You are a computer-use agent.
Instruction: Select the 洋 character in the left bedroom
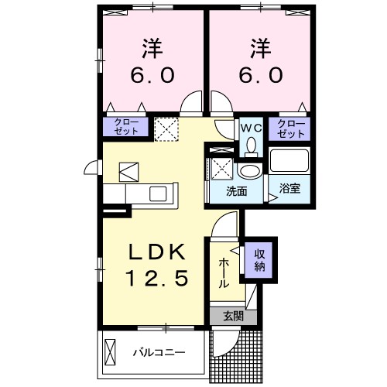(x=152, y=49)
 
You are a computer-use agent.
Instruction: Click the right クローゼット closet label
(x=291, y=127)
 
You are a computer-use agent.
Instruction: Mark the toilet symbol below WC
(x=250, y=146)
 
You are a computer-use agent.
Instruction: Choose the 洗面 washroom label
(x=236, y=191)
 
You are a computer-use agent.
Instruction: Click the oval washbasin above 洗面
(x=248, y=170)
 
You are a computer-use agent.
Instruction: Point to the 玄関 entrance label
(x=232, y=315)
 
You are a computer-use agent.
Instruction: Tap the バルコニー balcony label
(x=158, y=353)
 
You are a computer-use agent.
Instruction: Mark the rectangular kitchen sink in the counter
(x=160, y=193)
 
